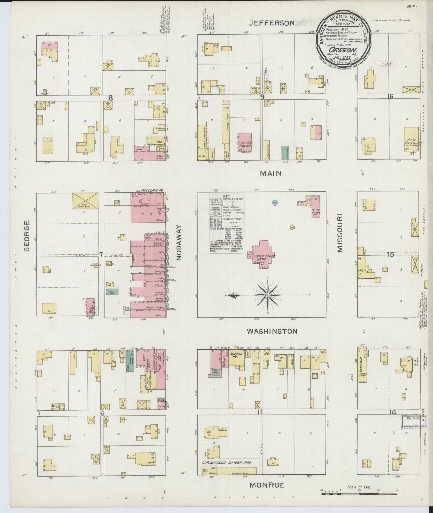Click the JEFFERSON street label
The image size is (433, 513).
273,23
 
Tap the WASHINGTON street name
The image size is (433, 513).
272,331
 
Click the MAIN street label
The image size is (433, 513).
271,173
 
